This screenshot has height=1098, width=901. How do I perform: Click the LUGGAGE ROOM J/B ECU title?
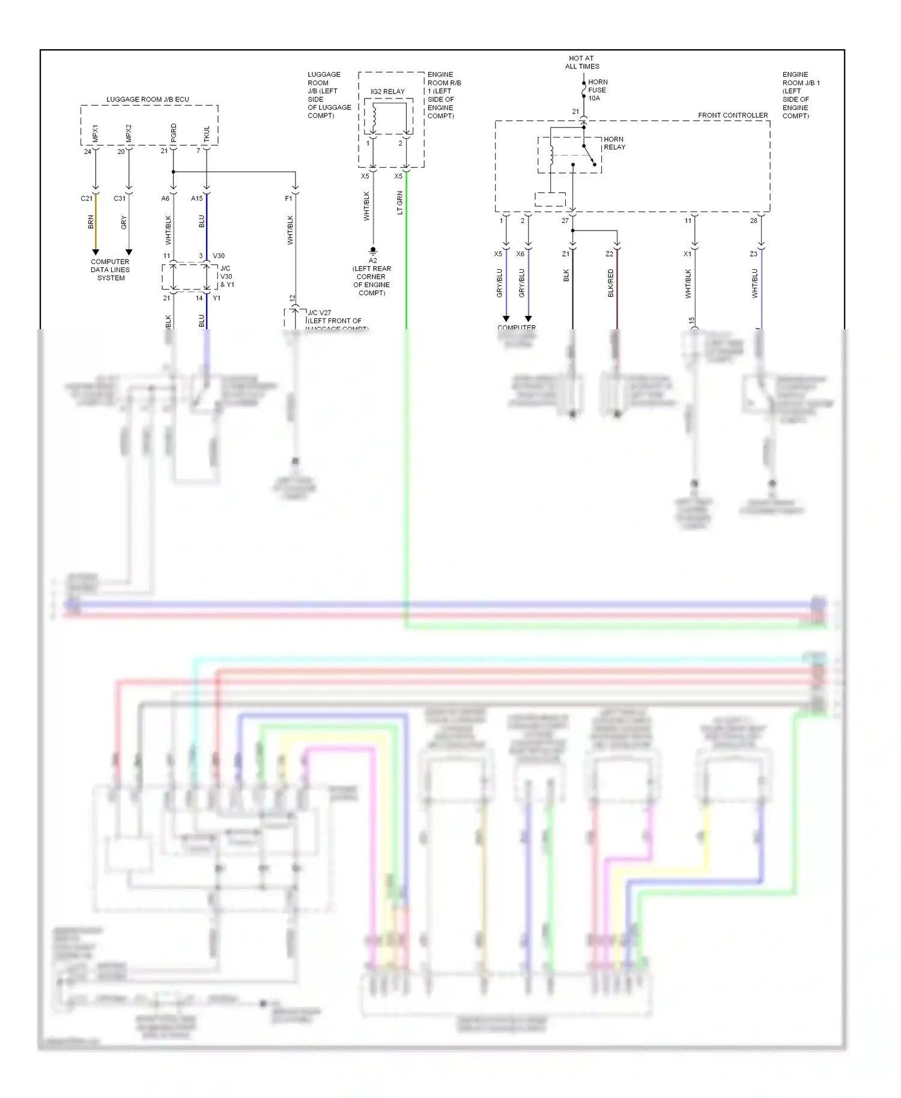tap(148, 100)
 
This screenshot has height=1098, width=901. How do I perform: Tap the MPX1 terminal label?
tap(96, 133)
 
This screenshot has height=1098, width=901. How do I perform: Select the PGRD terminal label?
tap(174, 132)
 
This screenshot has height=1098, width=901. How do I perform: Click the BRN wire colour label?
tap(91, 222)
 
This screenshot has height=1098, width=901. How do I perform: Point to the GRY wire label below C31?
tap(124, 222)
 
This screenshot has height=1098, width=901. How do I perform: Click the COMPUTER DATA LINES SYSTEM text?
tap(111, 270)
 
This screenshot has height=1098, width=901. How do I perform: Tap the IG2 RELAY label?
tap(387, 92)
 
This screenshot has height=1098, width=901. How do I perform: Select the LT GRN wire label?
tap(400, 203)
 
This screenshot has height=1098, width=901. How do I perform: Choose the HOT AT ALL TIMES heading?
tap(581, 62)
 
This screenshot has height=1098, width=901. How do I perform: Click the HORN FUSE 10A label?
tap(598, 90)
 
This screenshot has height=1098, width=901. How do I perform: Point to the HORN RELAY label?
tap(614, 143)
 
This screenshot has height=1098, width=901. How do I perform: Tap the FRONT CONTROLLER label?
tap(733, 115)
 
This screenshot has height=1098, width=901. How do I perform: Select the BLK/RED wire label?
tap(611, 282)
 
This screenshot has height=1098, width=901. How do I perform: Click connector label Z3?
tap(753, 254)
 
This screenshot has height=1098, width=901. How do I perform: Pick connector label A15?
tap(197, 199)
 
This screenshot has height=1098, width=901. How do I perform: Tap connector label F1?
tap(288, 199)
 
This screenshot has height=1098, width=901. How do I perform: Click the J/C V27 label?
tap(319, 313)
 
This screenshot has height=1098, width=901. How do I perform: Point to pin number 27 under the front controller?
tap(565, 221)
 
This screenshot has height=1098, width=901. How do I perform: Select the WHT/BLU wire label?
tap(755, 283)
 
